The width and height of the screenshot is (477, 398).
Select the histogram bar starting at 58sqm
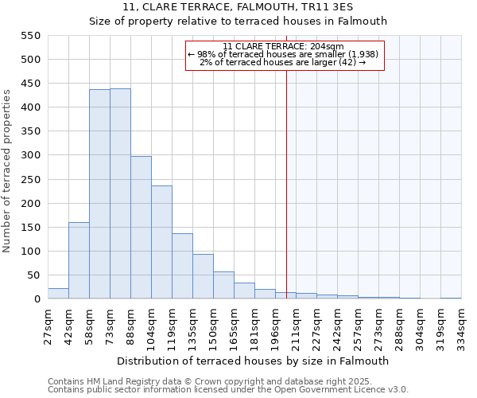(x=99, y=194)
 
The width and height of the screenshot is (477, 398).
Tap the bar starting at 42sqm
(x=79, y=260)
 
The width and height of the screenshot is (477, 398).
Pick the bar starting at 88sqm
(x=141, y=228)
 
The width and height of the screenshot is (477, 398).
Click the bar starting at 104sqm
(x=161, y=242)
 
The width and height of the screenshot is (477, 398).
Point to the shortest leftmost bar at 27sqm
(x=58, y=294)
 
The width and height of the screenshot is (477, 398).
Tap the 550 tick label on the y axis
(x=29, y=36)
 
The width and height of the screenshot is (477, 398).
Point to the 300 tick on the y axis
(x=29, y=156)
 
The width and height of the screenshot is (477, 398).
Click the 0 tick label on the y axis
(x=37, y=299)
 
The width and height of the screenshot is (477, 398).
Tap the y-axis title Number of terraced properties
(x=7, y=171)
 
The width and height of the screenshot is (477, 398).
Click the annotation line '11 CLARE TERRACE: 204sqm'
(x=284, y=46)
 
